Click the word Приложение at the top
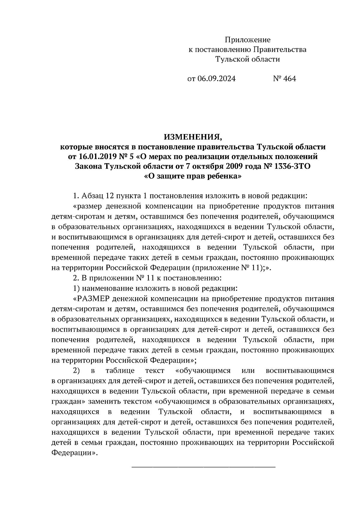point(247,40)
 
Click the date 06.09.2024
point(216,79)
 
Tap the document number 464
point(290,79)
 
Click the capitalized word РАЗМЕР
point(94,299)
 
